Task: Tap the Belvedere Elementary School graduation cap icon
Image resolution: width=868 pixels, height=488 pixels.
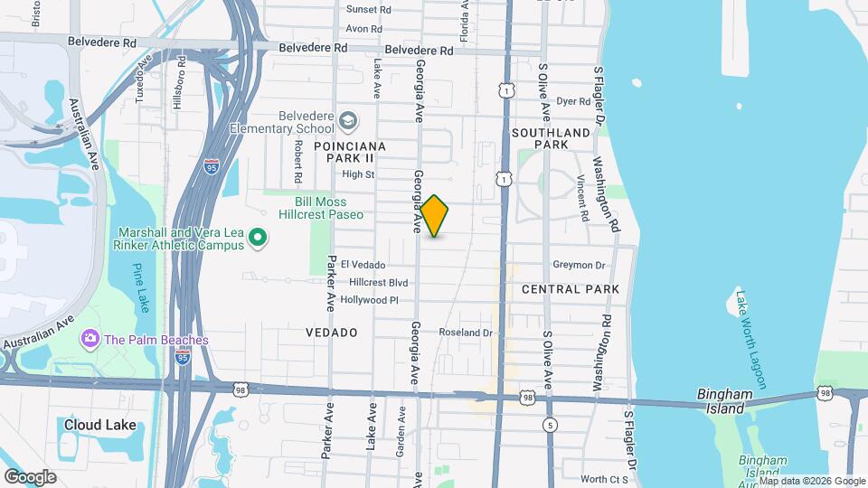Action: coord(348,121)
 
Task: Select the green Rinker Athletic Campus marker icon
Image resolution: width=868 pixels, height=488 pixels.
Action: coord(258,239)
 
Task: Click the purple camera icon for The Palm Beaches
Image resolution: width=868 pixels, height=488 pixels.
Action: coord(90,340)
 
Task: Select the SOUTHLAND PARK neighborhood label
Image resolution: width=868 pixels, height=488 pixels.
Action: coord(551,138)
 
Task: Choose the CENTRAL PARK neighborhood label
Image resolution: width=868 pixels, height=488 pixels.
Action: coord(571,289)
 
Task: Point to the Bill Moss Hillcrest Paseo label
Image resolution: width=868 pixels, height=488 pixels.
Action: coord(329,208)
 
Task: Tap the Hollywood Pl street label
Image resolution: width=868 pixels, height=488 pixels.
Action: coord(368,300)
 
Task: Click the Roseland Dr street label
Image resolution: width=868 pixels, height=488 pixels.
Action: coord(466,333)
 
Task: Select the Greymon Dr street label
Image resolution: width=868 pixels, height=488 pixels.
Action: coord(579,266)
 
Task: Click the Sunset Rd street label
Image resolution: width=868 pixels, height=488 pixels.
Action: coord(369,10)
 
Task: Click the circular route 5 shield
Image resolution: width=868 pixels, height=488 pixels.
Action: coord(549,425)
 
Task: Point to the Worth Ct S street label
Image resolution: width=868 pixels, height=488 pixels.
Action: coord(604,479)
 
